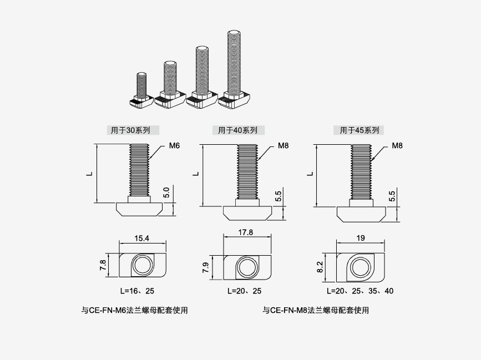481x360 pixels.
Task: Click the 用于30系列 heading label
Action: point(131,130)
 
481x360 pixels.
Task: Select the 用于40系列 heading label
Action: point(237,130)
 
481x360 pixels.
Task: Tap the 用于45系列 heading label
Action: point(360,130)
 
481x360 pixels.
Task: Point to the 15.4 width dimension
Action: point(143,239)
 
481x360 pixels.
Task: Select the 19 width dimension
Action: point(360,238)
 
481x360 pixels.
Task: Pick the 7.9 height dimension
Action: point(205,267)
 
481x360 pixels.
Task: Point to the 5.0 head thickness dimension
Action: point(166,193)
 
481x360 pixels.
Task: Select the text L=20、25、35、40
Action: point(361,291)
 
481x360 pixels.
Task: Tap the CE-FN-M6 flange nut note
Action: point(135,311)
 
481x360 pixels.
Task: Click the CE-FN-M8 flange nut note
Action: point(316,311)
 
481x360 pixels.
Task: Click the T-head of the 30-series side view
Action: point(140,209)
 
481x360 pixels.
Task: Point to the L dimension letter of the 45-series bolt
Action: point(310,173)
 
